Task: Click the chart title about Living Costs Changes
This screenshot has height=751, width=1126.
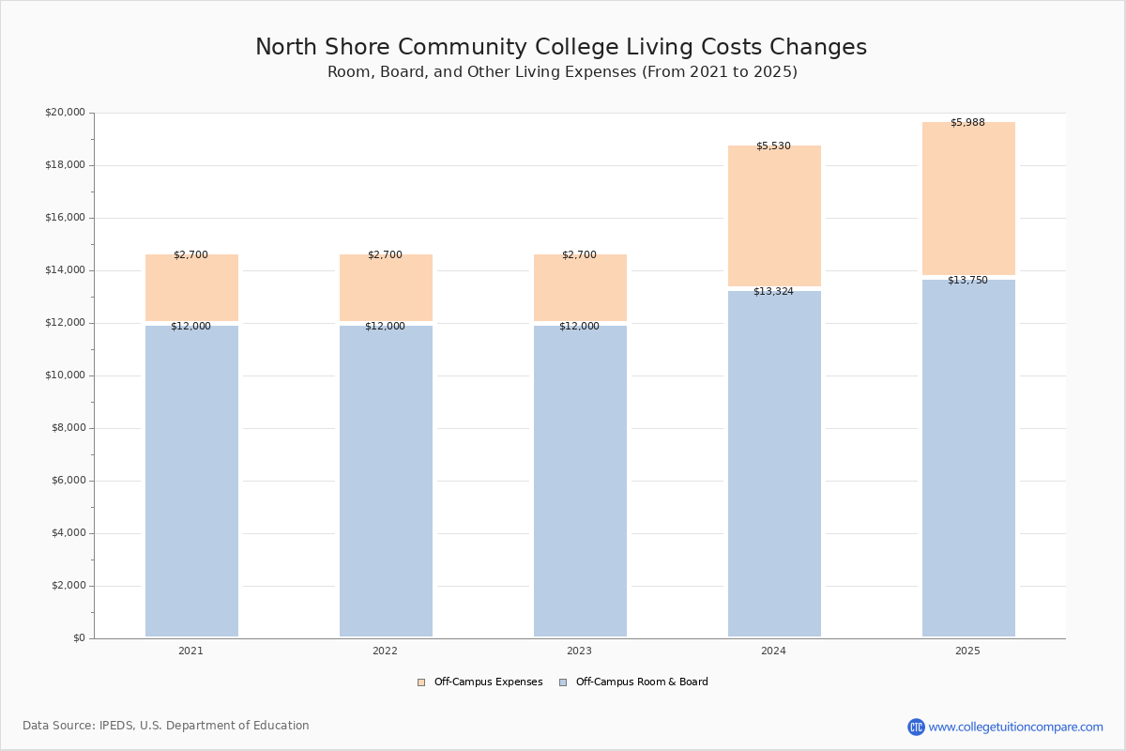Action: point(561,48)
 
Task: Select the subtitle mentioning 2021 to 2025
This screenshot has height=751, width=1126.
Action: point(562,72)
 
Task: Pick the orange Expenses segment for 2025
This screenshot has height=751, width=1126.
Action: point(968,202)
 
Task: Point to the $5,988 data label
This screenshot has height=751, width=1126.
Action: point(967,123)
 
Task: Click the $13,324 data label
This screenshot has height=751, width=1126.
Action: point(773,292)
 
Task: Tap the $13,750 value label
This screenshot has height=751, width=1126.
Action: point(967,281)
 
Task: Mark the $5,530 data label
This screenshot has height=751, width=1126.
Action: point(773,146)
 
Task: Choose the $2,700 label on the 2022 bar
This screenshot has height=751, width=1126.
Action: point(385,255)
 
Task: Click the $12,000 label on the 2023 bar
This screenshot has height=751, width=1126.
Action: point(579,327)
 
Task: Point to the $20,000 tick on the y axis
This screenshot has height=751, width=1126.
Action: point(65,113)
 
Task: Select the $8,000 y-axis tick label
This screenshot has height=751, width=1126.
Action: point(68,428)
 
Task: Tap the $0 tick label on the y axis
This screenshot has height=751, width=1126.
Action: point(79,638)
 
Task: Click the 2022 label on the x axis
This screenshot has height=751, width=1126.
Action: point(385,651)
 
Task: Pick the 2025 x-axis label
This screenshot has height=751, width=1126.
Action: point(967,651)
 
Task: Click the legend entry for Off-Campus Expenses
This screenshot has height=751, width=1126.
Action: point(480,682)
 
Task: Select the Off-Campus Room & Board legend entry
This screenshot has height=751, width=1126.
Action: point(633,682)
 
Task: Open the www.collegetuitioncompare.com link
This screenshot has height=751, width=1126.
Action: point(1015,727)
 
